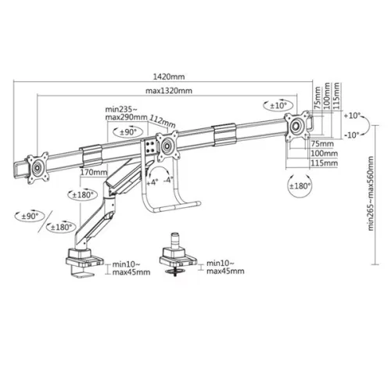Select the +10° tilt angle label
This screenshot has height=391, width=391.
(352, 116)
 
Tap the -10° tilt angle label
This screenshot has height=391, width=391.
(352, 134)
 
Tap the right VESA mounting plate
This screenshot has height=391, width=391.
(297, 125)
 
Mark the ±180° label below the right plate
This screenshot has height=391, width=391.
(300, 186)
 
